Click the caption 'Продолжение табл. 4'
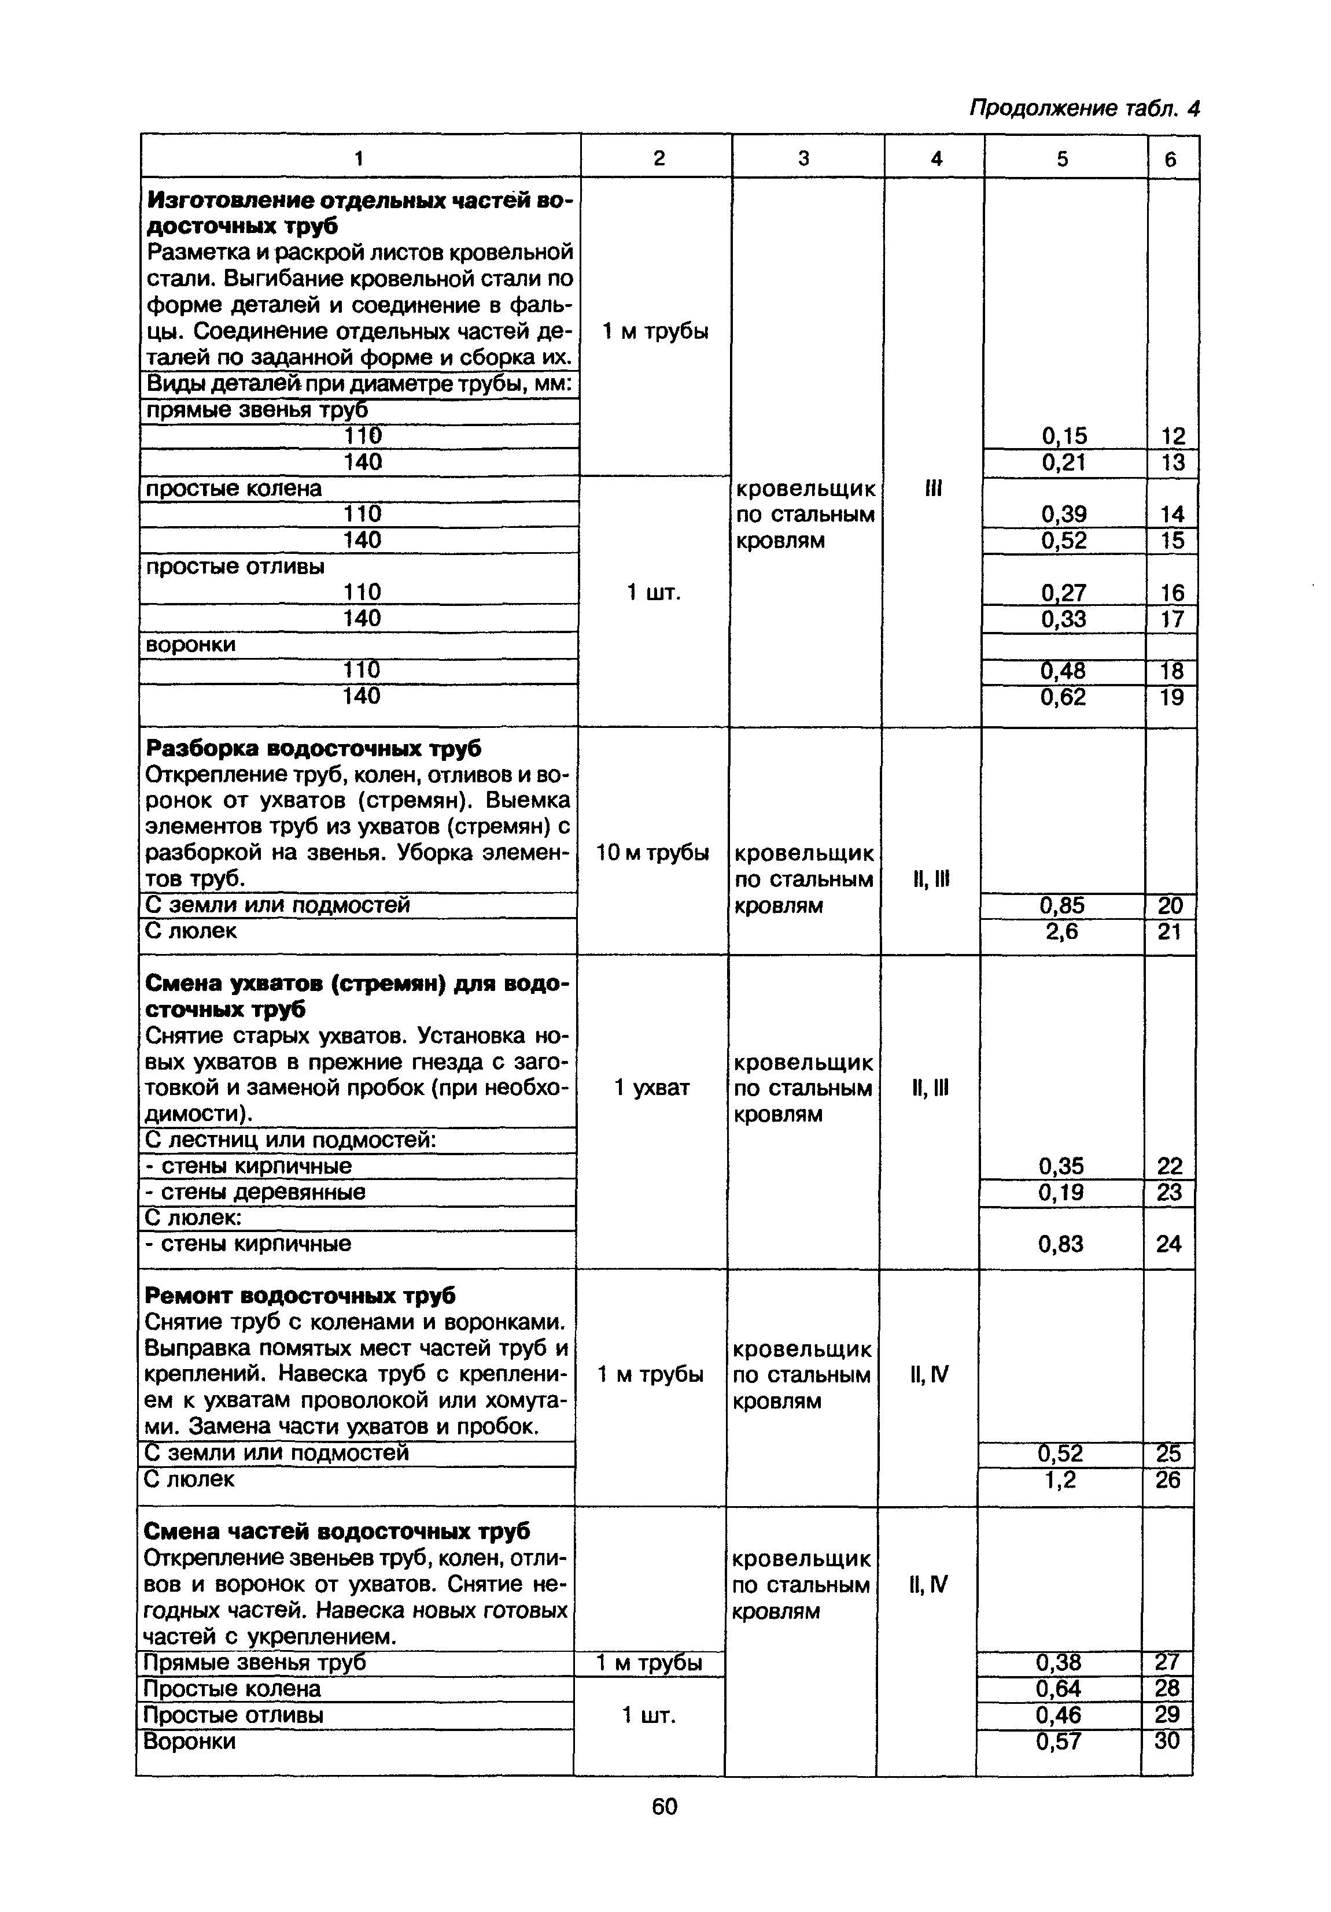(1083, 108)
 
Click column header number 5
(1062, 158)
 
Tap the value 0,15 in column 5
(1064, 435)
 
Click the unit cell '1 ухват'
(651, 1088)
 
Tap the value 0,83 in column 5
(1060, 1243)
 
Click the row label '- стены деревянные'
(255, 1192)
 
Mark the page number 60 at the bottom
(665, 1806)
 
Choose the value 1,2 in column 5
(1060, 1479)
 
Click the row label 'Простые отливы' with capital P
(233, 1715)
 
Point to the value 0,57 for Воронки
(1059, 1740)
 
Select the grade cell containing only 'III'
(933, 488)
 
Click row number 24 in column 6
(1168, 1243)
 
